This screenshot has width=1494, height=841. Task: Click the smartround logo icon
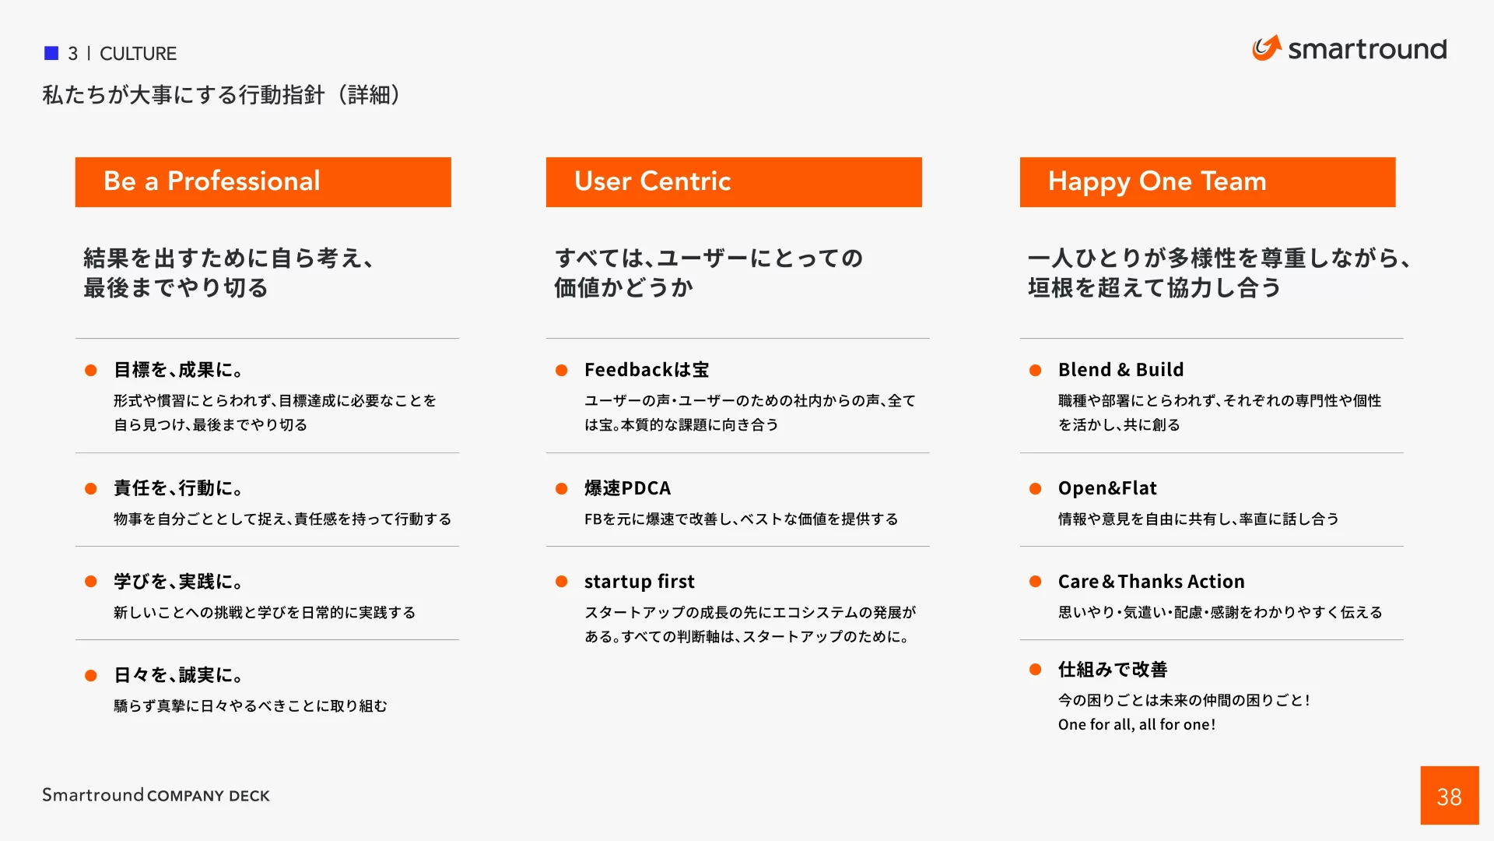[x=1266, y=48]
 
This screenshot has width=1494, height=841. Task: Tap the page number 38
[x=1449, y=796]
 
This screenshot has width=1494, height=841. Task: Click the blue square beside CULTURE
[x=51, y=53]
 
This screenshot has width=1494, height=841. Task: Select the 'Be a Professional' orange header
[x=263, y=181]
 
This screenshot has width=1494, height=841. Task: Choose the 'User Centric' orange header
[x=733, y=181]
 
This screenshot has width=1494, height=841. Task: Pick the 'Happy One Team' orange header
[x=1207, y=181]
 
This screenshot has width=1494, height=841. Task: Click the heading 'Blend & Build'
[x=1120, y=370]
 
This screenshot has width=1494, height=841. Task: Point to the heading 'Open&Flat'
[x=1106, y=488]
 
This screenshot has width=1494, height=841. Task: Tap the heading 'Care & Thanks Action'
[x=1151, y=582]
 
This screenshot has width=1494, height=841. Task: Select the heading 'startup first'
[x=639, y=582]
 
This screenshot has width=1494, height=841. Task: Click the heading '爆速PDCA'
[x=627, y=488]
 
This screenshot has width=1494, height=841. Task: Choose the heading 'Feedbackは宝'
[x=647, y=370]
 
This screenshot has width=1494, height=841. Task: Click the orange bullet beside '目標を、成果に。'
[x=91, y=371]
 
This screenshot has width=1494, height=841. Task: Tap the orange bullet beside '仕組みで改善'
[x=1035, y=670]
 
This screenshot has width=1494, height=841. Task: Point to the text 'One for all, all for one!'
[x=1136, y=725]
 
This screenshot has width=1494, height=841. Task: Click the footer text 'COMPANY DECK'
[x=208, y=796]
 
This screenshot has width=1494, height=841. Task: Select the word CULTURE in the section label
[x=138, y=54]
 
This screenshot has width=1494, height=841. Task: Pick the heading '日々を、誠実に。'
[x=178, y=675]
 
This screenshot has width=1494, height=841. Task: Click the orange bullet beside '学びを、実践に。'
[x=91, y=582]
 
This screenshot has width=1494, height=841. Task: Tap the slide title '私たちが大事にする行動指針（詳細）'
[x=221, y=95]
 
